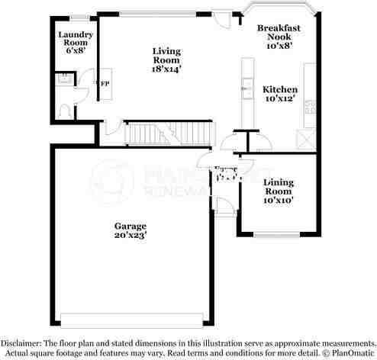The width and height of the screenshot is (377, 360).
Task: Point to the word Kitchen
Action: click(x=280, y=89)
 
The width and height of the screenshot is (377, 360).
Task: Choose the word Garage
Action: click(x=130, y=226)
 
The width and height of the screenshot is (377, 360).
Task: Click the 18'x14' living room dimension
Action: click(x=166, y=69)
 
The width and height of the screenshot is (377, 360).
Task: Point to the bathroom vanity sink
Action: click(x=64, y=79)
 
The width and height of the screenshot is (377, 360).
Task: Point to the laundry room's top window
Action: click(x=78, y=17)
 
